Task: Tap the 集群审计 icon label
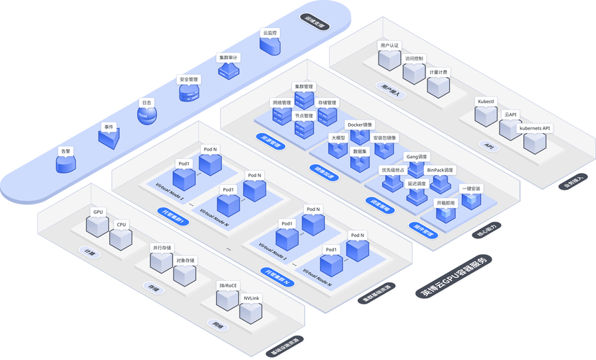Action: click(x=228, y=57)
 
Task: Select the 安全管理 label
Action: click(x=189, y=79)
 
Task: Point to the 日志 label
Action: click(x=147, y=103)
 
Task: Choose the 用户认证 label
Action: click(x=389, y=45)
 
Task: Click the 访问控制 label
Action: click(x=415, y=59)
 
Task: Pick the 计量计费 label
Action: click(x=438, y=72)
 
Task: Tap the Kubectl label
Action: click(x=486, y=102)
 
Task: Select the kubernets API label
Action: click(x=535, y=128)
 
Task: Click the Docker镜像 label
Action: click(x=360, y=125)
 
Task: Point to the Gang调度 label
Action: click(x=417, y=156)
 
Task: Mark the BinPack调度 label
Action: click(x=441, y=170)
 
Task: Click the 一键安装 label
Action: click(x=471, y=189)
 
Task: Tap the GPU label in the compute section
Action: click(x=98, y=212)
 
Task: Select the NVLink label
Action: click(x=251, y=297)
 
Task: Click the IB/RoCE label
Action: click(x=227, y=285)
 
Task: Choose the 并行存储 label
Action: click(x=161, y=247)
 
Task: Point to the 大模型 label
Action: click(x=338, y=137)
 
